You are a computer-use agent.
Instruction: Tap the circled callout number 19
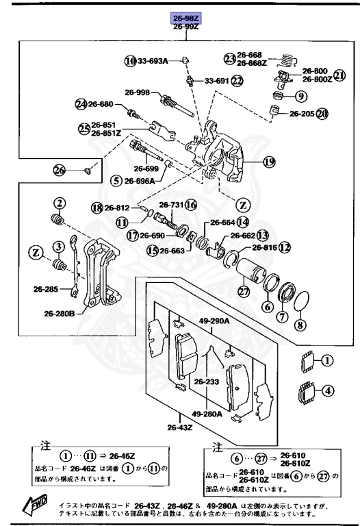point(269,162)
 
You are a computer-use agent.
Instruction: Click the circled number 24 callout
point(81,104)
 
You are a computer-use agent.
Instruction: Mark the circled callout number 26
point(59,170)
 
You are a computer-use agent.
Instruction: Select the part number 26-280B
point(62,314)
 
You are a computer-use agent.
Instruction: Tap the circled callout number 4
point(327,392)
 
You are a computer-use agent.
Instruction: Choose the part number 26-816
point(264,248)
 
